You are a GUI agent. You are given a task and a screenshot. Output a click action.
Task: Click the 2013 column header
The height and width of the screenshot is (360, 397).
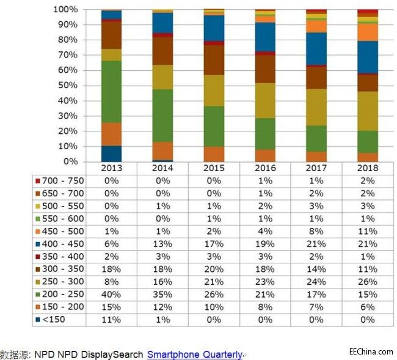click(x=111, y=168)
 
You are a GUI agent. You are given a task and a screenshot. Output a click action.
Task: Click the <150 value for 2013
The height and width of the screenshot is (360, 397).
click(x=111, y=320)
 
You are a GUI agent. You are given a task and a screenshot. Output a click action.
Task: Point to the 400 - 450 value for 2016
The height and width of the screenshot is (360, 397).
click(x=264, y=244)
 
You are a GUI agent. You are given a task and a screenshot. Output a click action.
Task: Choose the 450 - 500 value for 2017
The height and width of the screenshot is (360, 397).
click(x=316, y=231)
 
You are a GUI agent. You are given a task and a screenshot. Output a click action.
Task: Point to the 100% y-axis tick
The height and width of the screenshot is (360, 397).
click(x=65, y=10)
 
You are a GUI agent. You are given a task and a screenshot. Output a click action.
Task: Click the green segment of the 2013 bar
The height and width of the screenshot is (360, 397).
click(x=111, y=92)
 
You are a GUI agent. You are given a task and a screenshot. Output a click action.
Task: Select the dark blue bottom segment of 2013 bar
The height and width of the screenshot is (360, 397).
click(x=111, y=153)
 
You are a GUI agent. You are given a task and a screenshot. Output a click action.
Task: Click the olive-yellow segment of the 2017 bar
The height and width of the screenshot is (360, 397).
click(x=316, y=107)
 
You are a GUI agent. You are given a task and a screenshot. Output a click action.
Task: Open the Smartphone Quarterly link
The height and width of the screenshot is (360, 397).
click(x=194, y=354)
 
